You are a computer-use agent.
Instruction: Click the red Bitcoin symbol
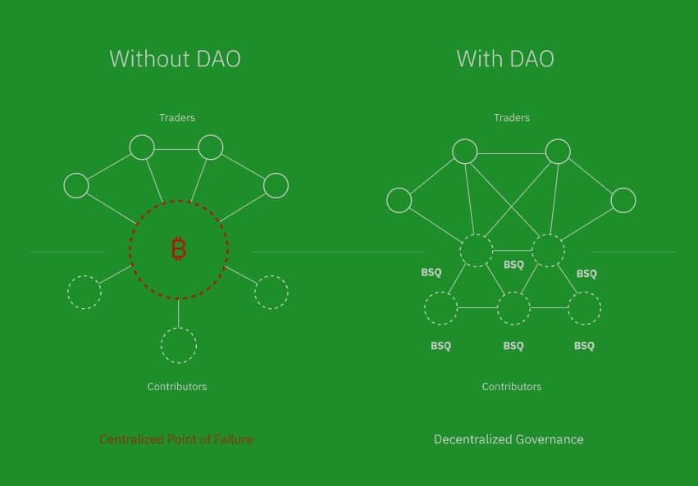(x=179, y=248)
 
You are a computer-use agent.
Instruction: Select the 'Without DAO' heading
(x=175, y=59)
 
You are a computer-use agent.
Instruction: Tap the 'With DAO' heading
(x=505, y=59)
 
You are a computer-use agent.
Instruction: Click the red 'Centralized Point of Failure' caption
(x=176, y=439)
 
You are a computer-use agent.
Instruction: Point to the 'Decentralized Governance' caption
(x=509, y=439)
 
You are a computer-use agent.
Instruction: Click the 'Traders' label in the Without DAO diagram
(x=177, y=118)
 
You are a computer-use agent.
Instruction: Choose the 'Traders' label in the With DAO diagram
(x=512, y=118)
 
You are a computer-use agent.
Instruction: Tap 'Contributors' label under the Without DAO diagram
(x=177, y=386)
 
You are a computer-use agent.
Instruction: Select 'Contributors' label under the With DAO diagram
(x=512, y=386)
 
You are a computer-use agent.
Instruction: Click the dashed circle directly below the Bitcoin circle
(x=179, y=328)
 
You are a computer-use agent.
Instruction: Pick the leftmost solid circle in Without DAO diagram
(x=64, y=185)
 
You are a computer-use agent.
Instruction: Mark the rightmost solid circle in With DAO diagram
(x=636, y=200)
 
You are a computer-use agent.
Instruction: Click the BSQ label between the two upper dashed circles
(x=513, y=265)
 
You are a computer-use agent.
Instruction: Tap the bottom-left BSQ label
(x=440, y=346)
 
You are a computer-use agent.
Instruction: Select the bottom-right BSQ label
(x=584, y=346)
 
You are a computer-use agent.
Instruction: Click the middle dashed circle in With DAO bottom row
(x=513, y=292)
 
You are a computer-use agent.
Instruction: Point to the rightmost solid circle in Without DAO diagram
(x=288, y=185)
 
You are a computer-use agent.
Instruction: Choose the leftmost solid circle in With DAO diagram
(x=386, y=200)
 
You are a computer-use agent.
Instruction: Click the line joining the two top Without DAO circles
(x=176, y=149)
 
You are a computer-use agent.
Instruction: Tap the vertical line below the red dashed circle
(x=179, y=313)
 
